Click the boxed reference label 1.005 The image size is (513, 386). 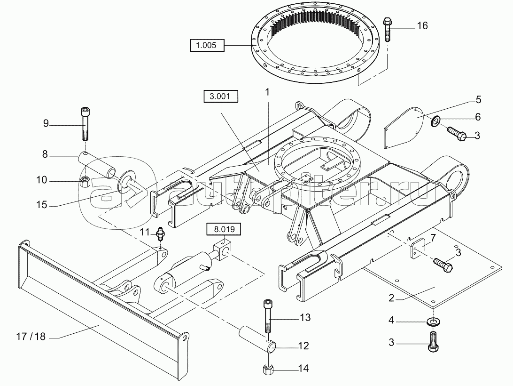point(207,46)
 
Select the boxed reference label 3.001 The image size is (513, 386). point(221,97)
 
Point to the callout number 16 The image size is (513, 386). point(422,25)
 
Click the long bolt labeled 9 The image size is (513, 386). point(85,125)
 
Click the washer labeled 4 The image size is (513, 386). point(431,322)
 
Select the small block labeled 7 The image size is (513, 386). point(419,248)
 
